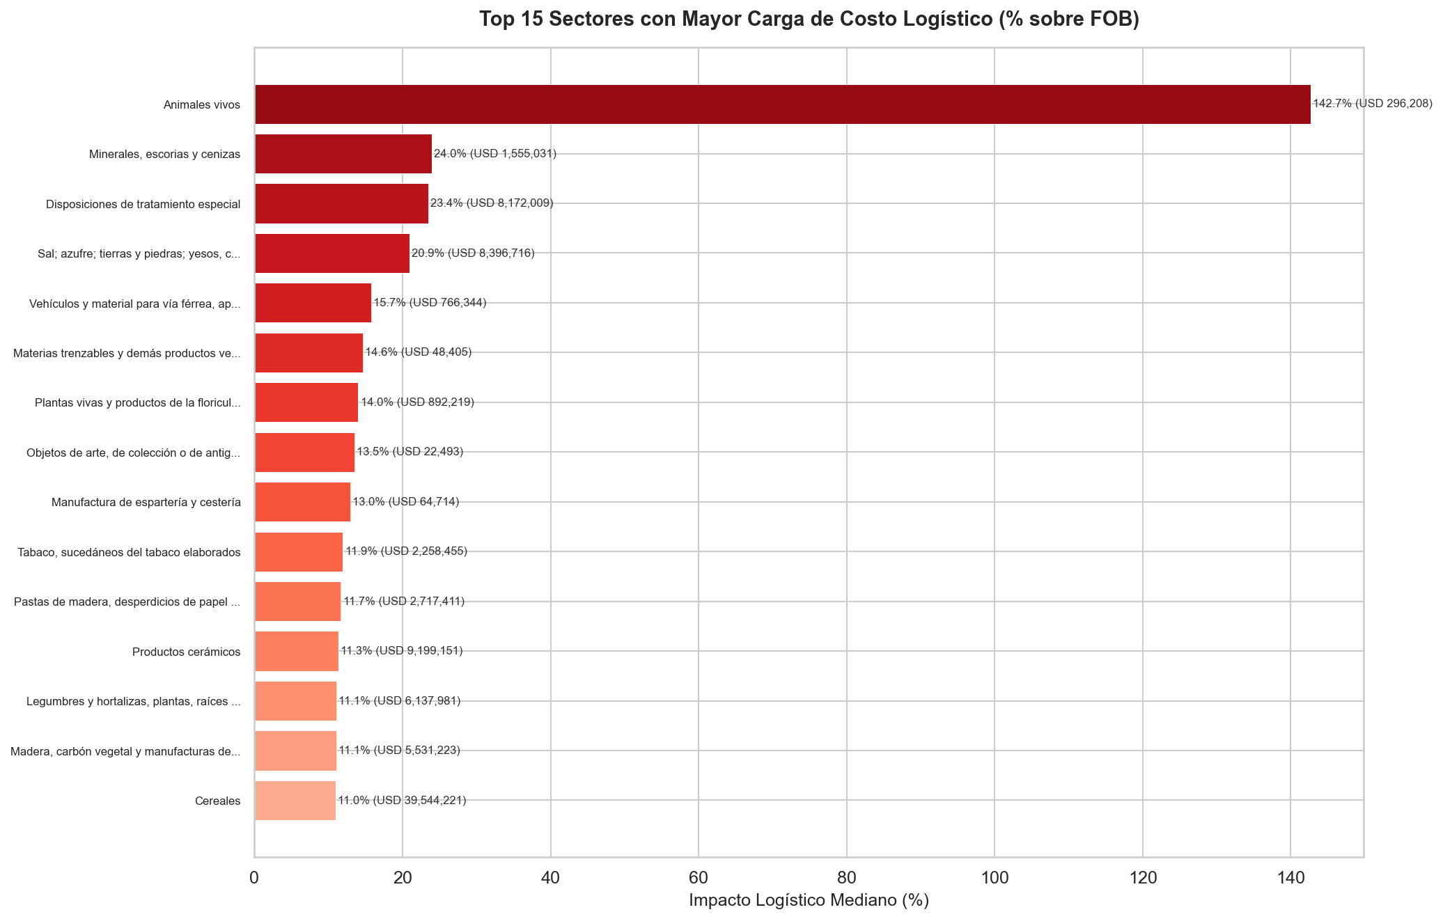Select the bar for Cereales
[295, 801]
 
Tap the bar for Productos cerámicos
[297, 652]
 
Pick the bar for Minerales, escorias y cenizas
[343, 154]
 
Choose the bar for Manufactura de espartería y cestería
[302, 502]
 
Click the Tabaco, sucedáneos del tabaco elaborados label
[130, 552]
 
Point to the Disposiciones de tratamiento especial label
[143, 204]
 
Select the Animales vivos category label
[202, 105]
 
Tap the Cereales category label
[218, 801]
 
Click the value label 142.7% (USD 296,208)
[1372, 104]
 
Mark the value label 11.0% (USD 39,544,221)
[402, 800]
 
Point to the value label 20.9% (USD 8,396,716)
[473, 253]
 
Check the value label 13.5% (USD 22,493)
[409, 451]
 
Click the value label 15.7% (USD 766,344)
[430, 302]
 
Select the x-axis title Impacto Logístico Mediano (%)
[809, 900]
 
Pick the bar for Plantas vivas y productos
[306, 402]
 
